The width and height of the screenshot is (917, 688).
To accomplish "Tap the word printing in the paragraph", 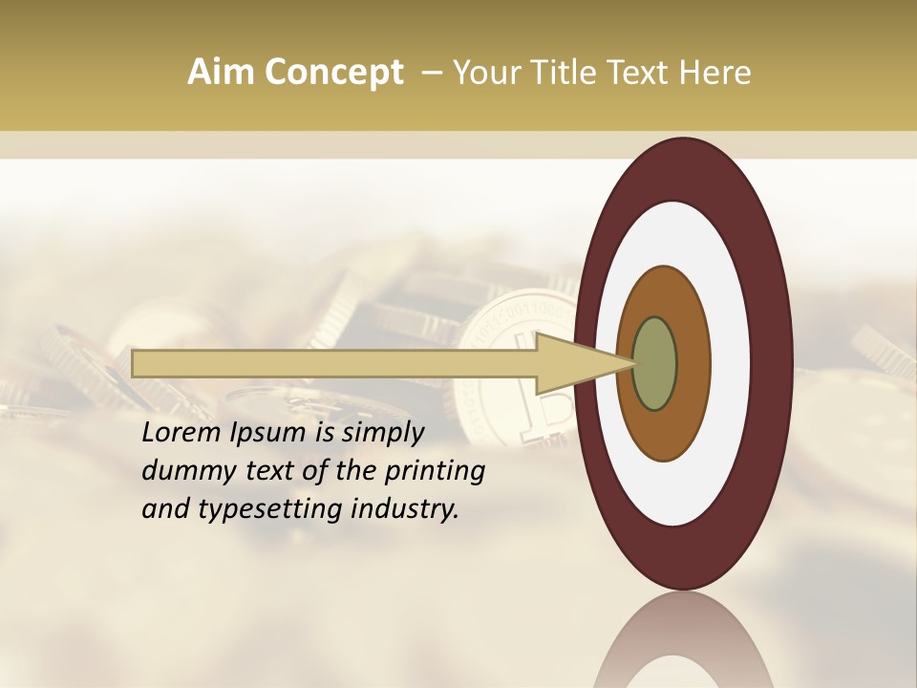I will pos(435,471).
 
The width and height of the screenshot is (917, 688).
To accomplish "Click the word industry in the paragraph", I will pos(411,509).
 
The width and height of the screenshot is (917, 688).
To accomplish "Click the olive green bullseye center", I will pos(655,363).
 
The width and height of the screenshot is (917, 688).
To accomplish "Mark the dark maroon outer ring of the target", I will pos(774,363).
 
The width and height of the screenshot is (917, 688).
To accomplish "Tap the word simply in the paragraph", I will pos(382,433).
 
